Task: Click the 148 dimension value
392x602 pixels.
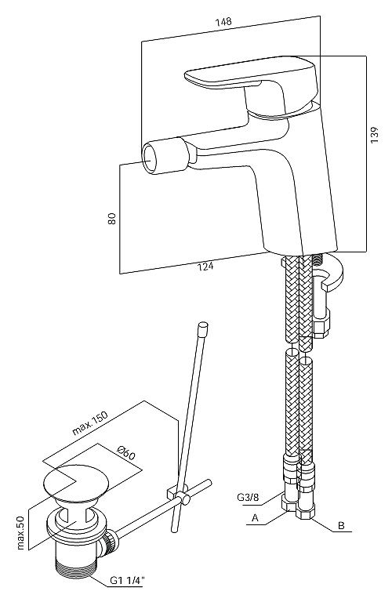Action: tap(223, 21)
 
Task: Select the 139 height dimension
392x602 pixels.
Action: tap(374, 135)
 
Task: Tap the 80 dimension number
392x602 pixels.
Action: tap(112, 219)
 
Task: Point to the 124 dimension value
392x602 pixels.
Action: tap(205, 266)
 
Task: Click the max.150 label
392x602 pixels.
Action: tap(90, 423)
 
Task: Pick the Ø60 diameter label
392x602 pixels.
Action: tap(126, 454)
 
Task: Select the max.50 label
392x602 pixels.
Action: tap(20, 532)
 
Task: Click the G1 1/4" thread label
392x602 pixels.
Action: tap(127, 592)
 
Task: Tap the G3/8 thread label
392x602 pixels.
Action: tap(248, 498)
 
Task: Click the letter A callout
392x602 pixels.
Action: tap(255, 518)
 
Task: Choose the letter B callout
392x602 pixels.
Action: tap(341, 526)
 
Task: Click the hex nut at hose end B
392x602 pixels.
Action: tap(305, 510)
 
